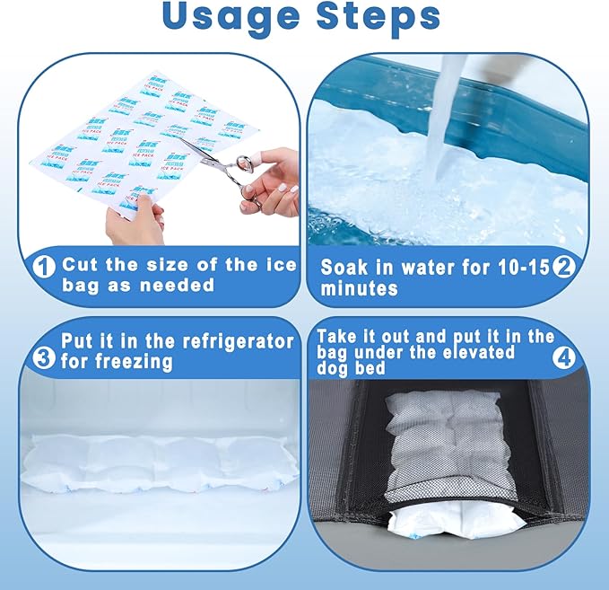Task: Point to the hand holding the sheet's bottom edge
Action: click(x=135, y=223)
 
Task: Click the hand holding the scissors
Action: click(x=274, y=180)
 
